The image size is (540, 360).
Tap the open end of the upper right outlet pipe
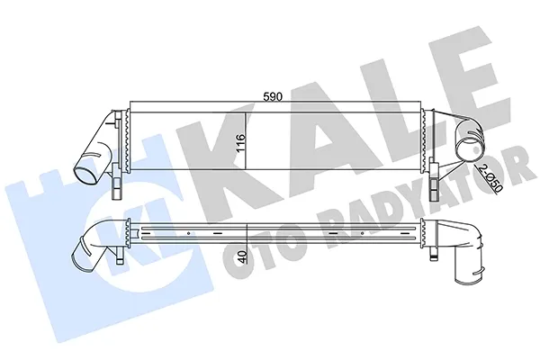click(x=469, y=148)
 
